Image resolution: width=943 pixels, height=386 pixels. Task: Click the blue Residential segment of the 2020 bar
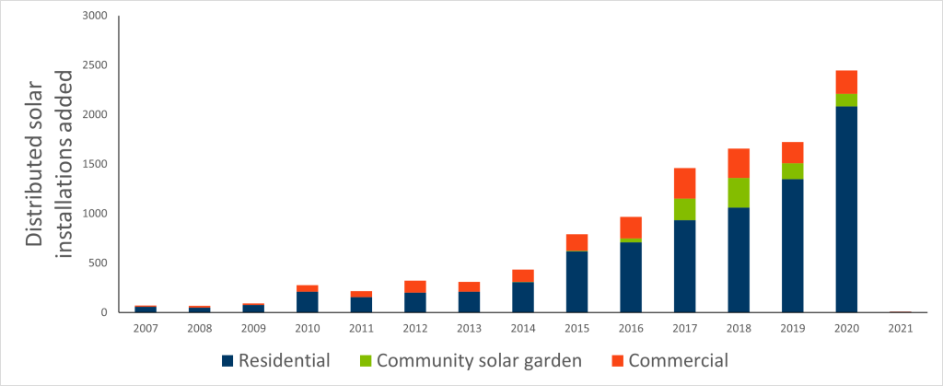click(x=846, y=209)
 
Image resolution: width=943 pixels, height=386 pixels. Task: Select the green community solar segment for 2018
click(x=739, y=193)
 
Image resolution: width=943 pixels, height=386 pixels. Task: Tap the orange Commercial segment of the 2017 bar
click(x=684, y=183)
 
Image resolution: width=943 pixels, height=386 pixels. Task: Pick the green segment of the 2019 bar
click(x=792, y=171)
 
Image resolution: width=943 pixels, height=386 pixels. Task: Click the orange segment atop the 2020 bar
click(x=846, y=82)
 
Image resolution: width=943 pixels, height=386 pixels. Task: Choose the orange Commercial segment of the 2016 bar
click(x=631, y=228)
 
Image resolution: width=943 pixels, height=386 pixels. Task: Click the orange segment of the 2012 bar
click(x=414, y=287)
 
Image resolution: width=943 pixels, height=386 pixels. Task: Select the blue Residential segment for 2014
click(x=523, y=298)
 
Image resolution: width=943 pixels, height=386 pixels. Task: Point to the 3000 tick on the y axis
click(x=95, y=17)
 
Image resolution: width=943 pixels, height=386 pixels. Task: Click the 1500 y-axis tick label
click(x=95, y=164)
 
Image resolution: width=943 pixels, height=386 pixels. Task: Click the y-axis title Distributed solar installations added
click(x=48, y=164)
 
